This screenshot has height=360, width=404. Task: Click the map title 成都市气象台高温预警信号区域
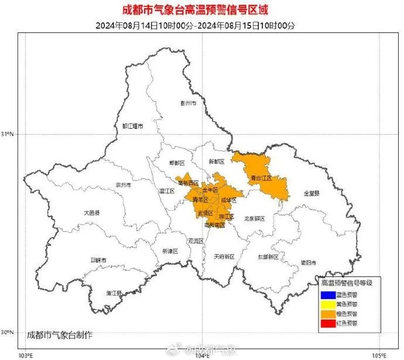[x=201, y=10]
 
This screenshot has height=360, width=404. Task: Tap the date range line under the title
[x=201, y=25]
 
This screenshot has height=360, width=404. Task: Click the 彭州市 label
[x=188, y=102]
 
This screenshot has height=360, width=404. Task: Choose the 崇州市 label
[x=123, y=185]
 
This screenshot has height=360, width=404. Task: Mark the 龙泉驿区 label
[x=254, y=218]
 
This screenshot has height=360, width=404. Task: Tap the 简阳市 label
[x=308, y=262]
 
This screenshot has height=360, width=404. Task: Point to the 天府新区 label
[x=224, y=256]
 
